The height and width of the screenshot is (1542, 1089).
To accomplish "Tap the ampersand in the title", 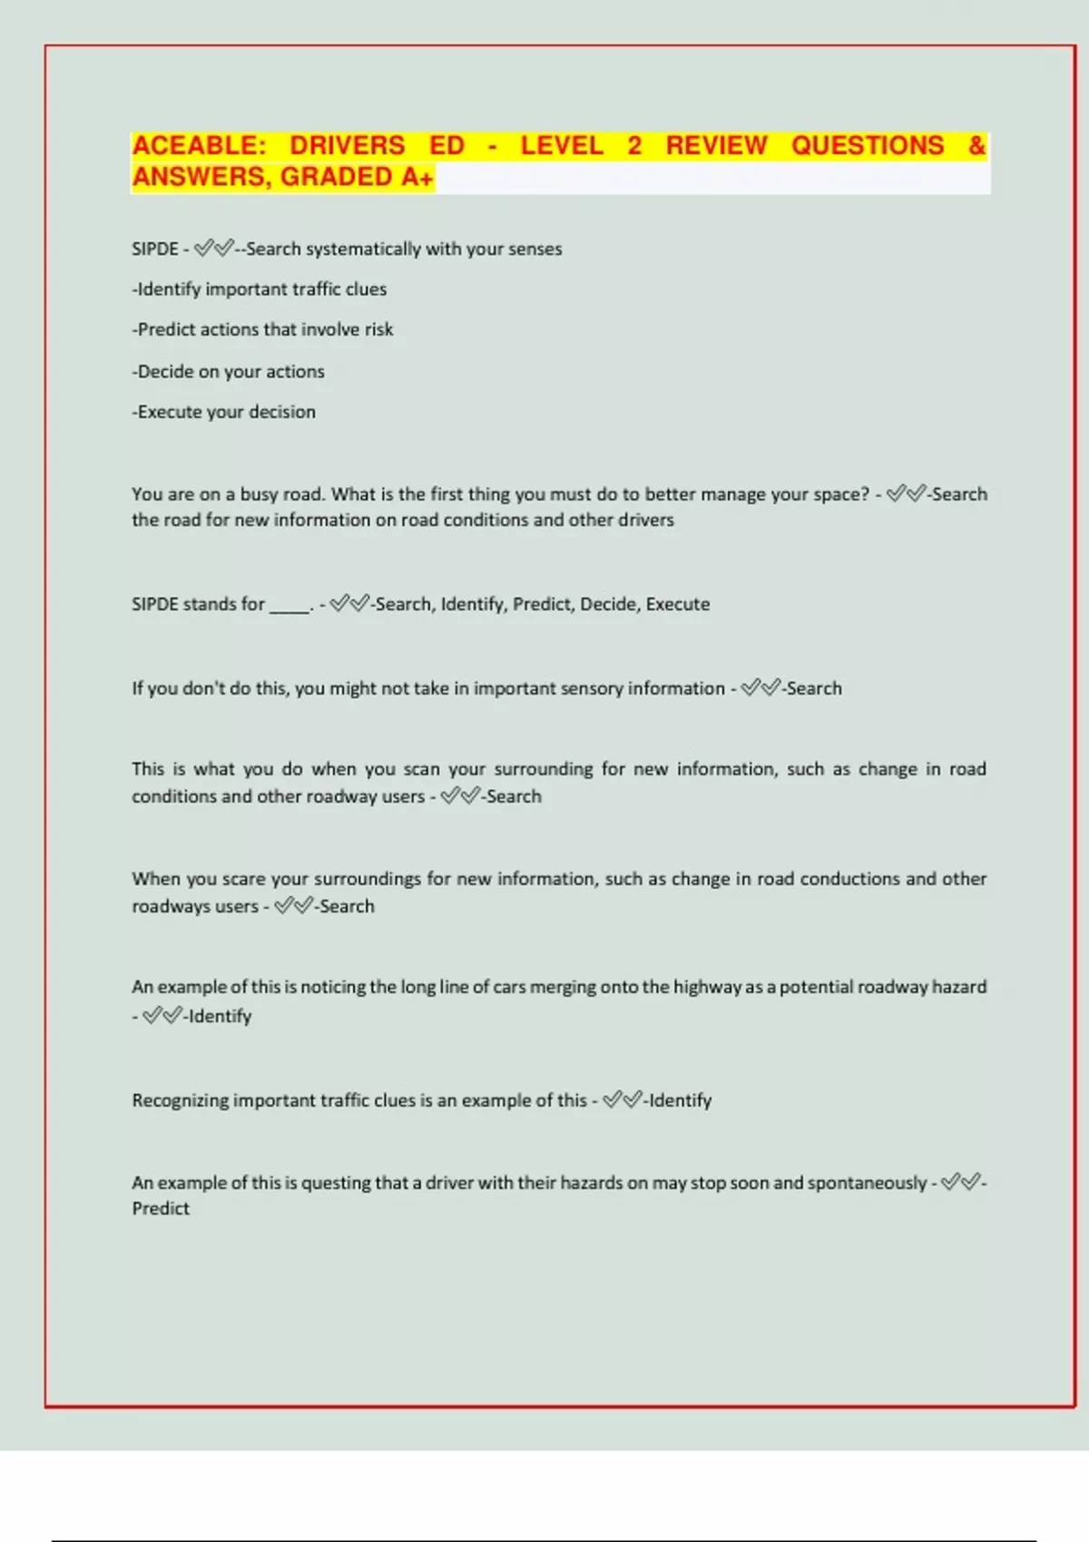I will click(976, 146).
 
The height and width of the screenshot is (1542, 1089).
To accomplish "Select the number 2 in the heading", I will click(634, 146).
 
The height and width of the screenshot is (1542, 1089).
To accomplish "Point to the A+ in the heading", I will click(417, 177).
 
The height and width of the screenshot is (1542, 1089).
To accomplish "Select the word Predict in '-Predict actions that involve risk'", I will click(166, 330).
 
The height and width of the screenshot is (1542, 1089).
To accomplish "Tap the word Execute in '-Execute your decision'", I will click(170, 412).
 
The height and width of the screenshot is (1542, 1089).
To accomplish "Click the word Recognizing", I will click(180, 1101).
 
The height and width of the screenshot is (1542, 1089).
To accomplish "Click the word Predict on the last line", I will click(161, 1209).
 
